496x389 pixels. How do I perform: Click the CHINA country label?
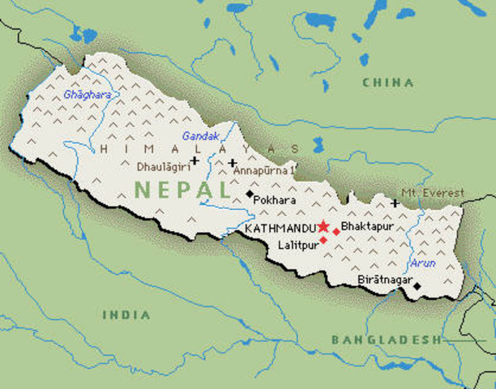(387, 83)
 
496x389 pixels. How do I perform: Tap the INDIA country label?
(126, 314)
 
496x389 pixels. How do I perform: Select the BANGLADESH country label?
(386, 340)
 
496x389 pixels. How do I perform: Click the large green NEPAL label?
(182, 190)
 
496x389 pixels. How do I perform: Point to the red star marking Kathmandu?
(323, 226)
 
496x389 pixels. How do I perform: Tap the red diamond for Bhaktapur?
(336, 232)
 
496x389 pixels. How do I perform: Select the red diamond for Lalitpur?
(323, 240)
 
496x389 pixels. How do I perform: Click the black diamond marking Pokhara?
(250, 194)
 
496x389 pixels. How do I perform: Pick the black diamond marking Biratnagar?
(417, 286)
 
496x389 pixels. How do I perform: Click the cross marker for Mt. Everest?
(395, 203)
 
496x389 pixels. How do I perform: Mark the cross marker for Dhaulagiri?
(195, 160)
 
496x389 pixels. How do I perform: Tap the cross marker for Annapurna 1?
(233, 162)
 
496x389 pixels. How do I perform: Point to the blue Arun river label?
(423, 263)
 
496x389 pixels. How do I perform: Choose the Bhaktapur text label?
(367, 226)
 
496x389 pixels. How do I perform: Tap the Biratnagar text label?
(383, 280)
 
